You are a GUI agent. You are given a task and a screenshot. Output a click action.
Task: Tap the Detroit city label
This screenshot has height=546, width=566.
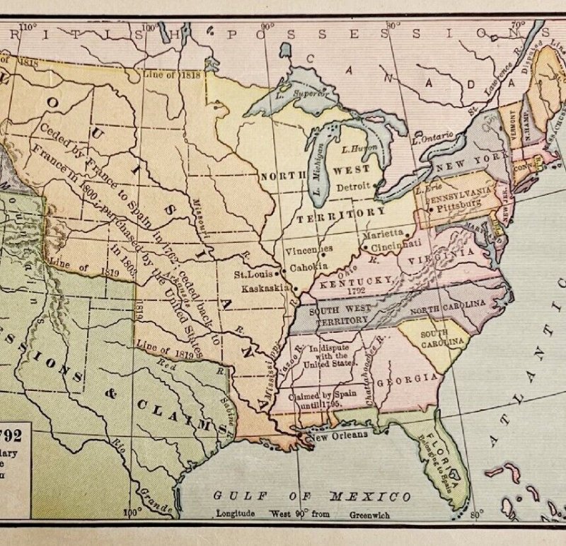click(355, 186)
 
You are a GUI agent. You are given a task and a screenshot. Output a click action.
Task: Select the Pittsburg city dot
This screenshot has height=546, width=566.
click(429, 209)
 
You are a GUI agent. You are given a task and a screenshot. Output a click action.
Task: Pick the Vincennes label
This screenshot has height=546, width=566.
click(309, 250)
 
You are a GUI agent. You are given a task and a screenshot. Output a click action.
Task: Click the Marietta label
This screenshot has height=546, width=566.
click(383, 233)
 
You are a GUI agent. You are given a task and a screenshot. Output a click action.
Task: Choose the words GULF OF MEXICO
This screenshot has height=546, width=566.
click(312, 496)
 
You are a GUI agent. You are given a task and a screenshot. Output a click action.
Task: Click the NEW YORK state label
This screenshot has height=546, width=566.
click(463, 163)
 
